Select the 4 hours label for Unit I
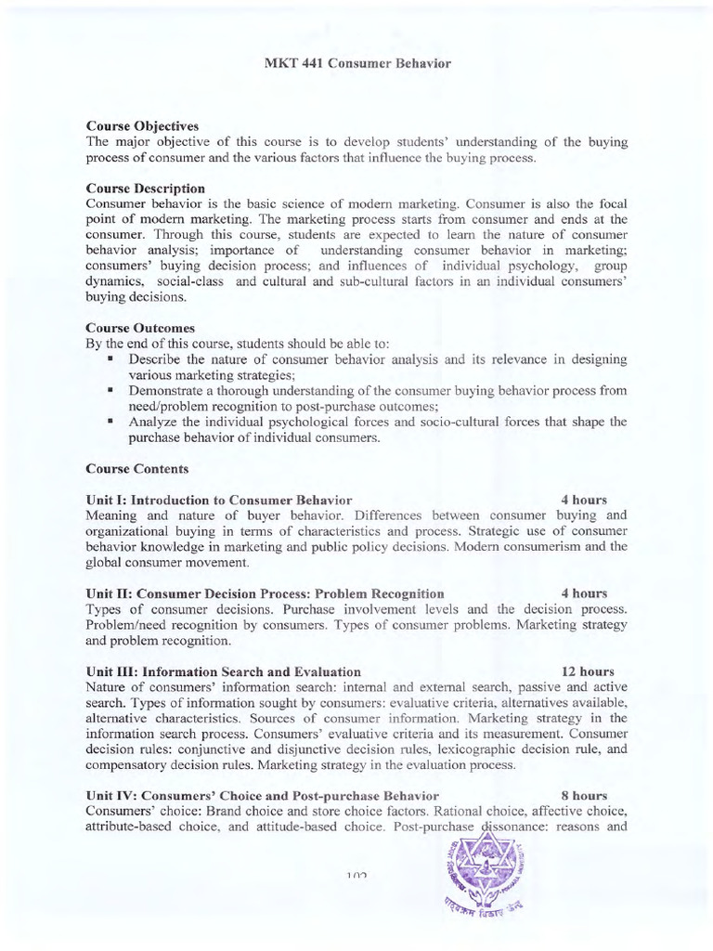pos(584,500)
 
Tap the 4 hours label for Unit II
pos(584,593)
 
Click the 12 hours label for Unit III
pos(588,671)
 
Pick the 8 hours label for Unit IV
pos(585,795)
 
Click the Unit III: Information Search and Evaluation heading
pos(223,671)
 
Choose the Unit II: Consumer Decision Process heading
pos(265,593)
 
